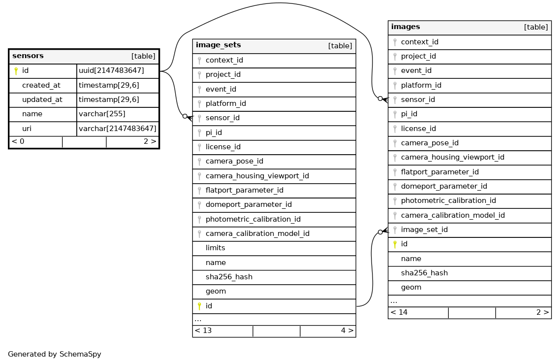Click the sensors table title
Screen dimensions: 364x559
click(x=28, y=56)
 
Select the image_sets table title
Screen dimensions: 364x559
click(x=218, y=45)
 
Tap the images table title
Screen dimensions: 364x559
click(x=405, y=27)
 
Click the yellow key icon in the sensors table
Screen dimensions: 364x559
click(x=16, y=71)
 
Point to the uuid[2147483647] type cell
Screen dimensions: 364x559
click(x=111, y=71)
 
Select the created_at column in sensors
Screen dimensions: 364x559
click(x=41, y=85)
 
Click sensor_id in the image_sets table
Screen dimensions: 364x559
click(x=222, y=118)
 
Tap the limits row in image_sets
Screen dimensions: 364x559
click(x=216, y=248)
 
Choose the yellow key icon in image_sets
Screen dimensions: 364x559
click(x=199, y=306)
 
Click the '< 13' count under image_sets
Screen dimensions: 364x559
click(x=203, y=331)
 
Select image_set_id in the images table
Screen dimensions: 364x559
click(x=424, y=230)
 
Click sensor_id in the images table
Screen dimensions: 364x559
click(x=418, y=99)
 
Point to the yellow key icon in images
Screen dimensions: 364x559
click(x=395, y=244)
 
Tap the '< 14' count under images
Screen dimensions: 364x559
click(x=399, y=312)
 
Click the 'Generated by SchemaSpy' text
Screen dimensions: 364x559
click(x=55, y=354)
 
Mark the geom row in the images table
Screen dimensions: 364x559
click(x=411, y=287)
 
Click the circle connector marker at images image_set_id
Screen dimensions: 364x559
click(x=380, y=232)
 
